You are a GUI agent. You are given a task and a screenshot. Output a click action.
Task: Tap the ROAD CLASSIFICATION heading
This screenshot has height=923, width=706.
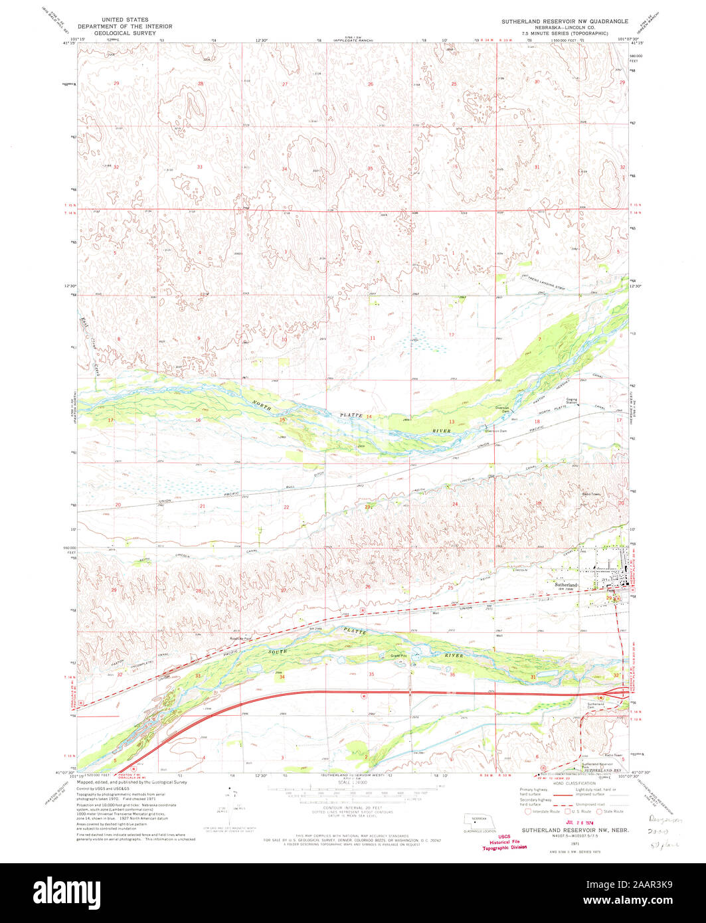pyautogui.click(x=572, y=784)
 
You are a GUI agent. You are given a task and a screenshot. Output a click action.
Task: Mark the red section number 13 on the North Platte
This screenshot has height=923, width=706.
pyautogui.click(x=451, y=422)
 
